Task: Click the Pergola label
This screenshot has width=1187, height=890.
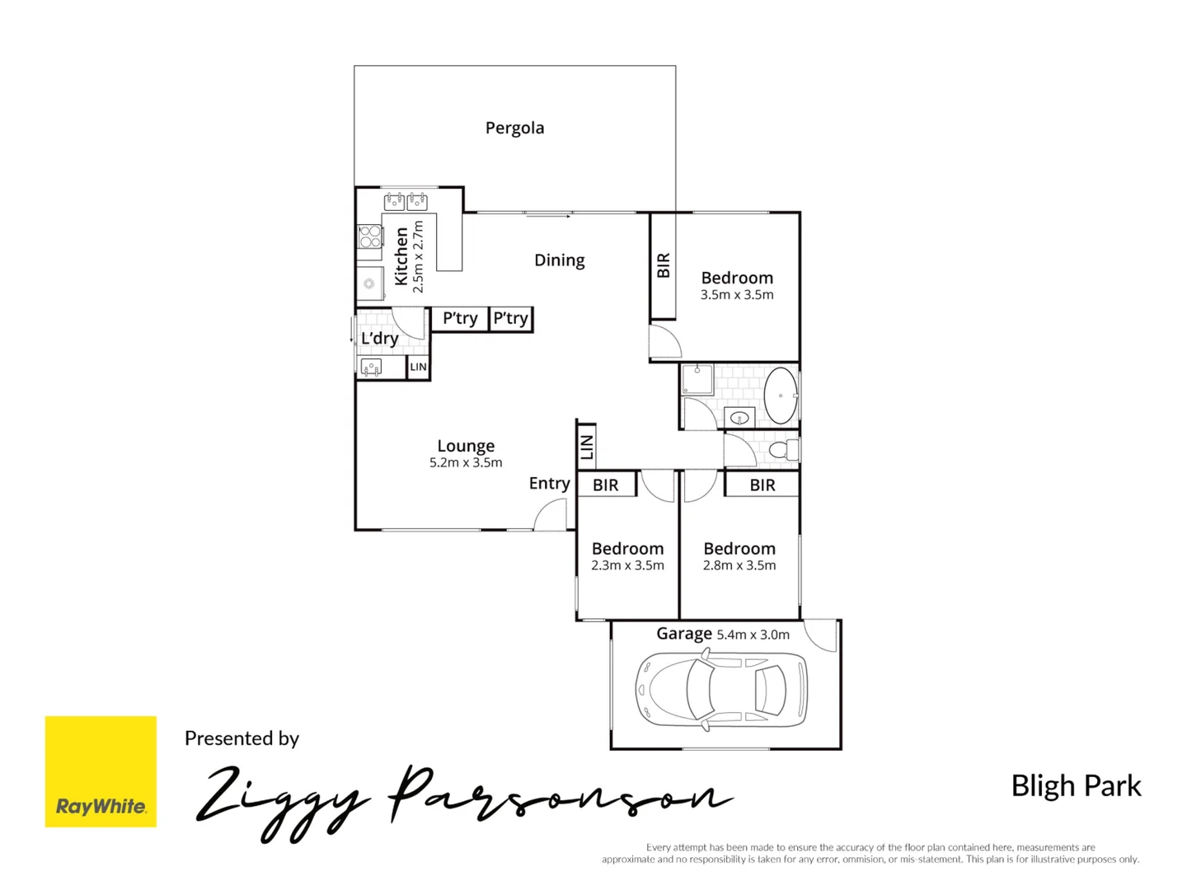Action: (514, 128)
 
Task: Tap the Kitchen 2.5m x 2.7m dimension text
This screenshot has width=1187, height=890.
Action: (418, 256)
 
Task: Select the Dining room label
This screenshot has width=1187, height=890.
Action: (559, 260)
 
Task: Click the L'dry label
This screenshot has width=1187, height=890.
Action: (379, 338)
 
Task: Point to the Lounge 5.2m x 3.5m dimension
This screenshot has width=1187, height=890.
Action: (466, 463)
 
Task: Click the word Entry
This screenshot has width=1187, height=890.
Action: (549, 484)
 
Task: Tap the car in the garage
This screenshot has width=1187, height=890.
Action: (721, 690)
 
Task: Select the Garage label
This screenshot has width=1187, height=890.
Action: (683, 634)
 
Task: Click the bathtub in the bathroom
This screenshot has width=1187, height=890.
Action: (780, 396)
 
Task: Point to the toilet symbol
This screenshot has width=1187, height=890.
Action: (784, 450)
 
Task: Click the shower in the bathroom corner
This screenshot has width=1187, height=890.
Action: (697, 380)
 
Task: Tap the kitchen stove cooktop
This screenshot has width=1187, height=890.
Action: (370, 237)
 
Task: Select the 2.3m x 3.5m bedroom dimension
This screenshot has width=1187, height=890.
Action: (627, 565)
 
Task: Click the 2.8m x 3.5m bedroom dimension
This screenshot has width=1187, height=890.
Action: (739, 565)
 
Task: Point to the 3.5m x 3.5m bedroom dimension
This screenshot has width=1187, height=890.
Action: (737, 295)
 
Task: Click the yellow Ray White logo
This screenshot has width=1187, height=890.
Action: (101, 771)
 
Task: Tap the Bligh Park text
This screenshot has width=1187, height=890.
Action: (1076, 786)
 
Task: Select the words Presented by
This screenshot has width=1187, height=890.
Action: (242, 738)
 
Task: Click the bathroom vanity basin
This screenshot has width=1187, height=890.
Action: (739, 418)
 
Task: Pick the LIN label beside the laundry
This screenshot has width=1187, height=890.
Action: (419, 368)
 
